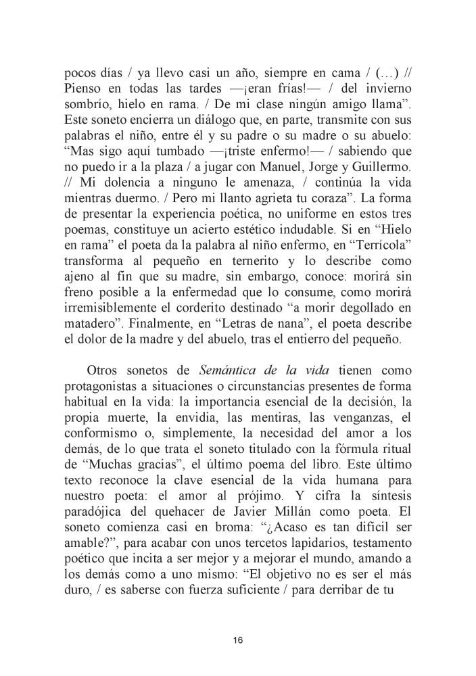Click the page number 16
tap(237, 640)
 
